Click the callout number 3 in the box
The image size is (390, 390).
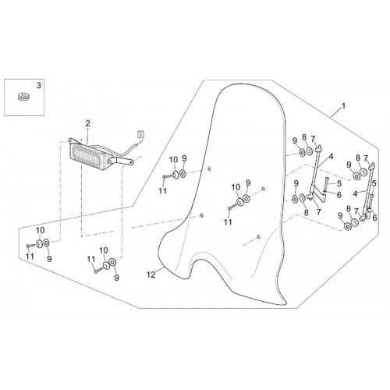click(x=38, y=85)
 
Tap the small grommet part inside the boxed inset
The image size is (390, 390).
click(x=23, y=97)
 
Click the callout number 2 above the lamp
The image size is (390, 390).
click(x=87, y=123)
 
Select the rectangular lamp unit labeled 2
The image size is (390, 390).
click(x=90, y=154)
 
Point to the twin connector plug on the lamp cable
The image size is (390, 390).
click(x=141, y=134)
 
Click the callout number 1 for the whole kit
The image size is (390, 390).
click(x=343, y=106)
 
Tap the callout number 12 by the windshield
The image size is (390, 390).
click(x=151, y=275)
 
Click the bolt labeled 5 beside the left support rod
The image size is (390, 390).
click(x=327, y=183)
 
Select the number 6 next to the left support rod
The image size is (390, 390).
click(x=339, y=195)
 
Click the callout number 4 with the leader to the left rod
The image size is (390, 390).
click(x=331, y=157)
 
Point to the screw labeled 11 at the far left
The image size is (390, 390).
click(x=30, y=245)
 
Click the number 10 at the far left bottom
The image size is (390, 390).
click(x=40, y=230)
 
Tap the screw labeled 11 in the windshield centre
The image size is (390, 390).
click(x=232, y=207)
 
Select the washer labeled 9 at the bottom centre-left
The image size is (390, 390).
click(x=112, y=262)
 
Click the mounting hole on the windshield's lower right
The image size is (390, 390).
click(x=258, y=236)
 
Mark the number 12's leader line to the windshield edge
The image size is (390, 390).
click(x=159, y=270)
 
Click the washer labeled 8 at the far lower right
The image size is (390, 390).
click(x=354, y=223)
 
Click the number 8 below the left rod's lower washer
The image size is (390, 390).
click(x=306, y=212)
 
